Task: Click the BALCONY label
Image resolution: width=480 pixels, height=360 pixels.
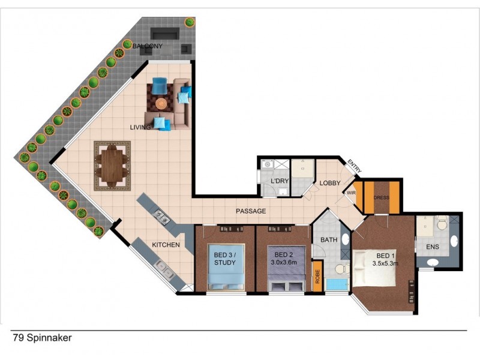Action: point(148,46)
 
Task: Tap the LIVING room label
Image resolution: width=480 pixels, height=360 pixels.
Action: point(141,127)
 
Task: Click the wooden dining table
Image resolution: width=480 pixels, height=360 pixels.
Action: point(112,166)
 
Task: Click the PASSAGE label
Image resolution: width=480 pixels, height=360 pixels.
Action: point(251,211)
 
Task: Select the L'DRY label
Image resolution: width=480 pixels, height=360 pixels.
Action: point(279,181)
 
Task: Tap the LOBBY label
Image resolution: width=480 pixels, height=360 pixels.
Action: point(330,184)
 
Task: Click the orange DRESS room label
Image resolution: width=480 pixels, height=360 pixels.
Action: point(382,197)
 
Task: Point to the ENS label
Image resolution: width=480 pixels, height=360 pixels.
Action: point(431,246)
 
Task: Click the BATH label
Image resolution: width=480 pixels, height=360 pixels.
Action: point(329,240)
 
